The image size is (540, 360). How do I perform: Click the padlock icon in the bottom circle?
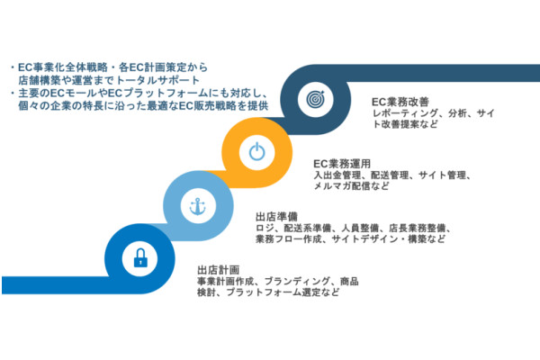click(140, 260)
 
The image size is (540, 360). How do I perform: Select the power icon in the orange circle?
click(256, 151)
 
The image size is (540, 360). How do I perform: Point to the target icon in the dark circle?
click(314, 96)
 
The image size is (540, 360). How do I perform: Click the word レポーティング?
click(407, 114)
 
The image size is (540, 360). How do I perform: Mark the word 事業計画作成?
click(224, 282)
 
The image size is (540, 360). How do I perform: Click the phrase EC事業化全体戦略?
click(68, 67)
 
